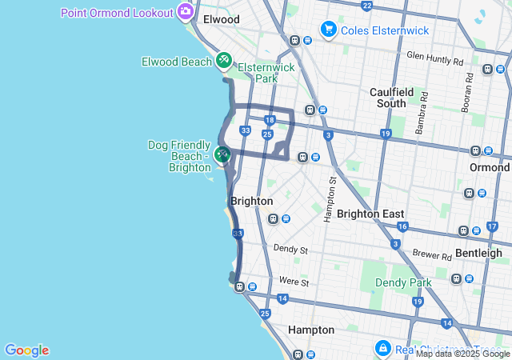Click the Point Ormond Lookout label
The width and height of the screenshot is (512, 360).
coord(117,13)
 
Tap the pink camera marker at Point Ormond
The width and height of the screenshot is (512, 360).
coord(186,12)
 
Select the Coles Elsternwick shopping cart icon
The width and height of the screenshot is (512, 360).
coord(328,30)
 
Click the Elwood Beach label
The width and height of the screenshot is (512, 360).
coord(177,62)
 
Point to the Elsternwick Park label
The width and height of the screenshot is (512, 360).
coord(266,73)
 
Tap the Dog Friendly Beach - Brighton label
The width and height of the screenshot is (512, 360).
coord(179,156)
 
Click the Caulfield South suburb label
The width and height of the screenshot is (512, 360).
coord(399,98)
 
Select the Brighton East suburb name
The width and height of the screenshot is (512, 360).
coord(370,214)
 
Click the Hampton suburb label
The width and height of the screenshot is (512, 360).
coord(311,330)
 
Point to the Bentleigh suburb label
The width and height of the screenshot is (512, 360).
coord(478,253)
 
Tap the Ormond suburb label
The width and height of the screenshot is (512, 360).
coord(490,167)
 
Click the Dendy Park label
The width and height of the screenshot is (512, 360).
coord(403,282)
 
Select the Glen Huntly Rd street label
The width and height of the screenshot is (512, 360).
coord(434,59)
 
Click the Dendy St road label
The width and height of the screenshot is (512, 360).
coord(290,250)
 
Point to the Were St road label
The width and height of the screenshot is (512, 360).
coord(294,282)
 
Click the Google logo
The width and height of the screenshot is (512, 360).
coord(26,350)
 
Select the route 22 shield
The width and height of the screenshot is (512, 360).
coord(366,6)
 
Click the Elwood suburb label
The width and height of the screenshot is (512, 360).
coord(222,18)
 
